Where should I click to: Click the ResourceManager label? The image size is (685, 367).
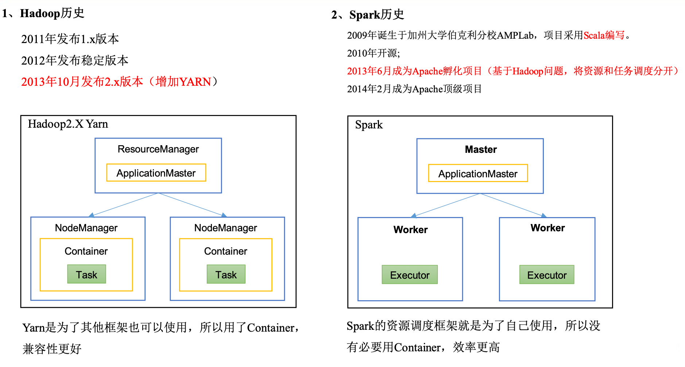pyautogui.click(x=158, y=149)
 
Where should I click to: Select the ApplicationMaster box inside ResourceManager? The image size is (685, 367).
pyautogui.click(x=156, y=173)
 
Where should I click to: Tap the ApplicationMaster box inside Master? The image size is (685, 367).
pyautogui.click(x=478, y=174)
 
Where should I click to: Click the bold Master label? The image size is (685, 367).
pyautogui.click(x=481, y=150)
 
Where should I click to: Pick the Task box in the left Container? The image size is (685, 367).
pyautogui.click(x=86, y=274)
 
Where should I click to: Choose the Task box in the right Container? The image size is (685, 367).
pyautogui.click(x=226, y=274)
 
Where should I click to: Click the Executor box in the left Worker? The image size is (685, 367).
pyautogui.click(x=410, y=275)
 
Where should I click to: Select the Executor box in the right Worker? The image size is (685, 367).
pyautogui.click(x=547, y=275)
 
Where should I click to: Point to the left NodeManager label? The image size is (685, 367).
pyautogui.click(x=86, y=228)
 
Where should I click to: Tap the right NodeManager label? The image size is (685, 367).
pyautogui.click(x=225, y=228)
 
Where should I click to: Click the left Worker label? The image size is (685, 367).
pyautogui.click(x=410, y=230)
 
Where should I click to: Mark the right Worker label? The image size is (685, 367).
pyautogui.click(x=547, y=228)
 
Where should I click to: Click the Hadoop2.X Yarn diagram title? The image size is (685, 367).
pyautogui.click(x=68, y=124)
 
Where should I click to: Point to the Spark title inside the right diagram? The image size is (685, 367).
pyautogui.click(x=369, y=125)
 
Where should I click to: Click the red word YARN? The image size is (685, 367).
pyautogui.click(x=195, y=82)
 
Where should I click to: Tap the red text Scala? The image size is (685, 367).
pyautogui.click(x=594, y=35)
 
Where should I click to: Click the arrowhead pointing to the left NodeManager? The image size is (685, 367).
pyautogui.click(x=92, y=215)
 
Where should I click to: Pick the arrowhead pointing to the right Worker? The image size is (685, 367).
pyautogui.click(x=543, y=216)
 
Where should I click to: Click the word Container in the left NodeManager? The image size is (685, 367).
pyautogui.click(x=86, y=251)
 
